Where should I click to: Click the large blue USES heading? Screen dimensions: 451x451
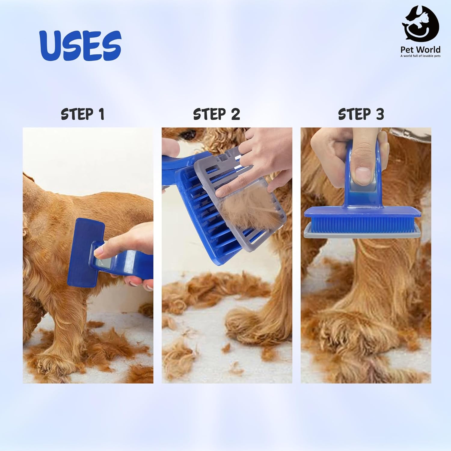pyautogui.click(x=81, y=45)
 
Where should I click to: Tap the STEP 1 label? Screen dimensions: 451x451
pyautogui.click(x=82, y=114)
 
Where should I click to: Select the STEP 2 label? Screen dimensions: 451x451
pyautogui.click(x=216, y=114)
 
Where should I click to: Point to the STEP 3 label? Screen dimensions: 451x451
pyautogui.click(x=361, y=114)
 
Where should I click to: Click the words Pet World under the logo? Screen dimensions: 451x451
pyautogui.click(x=420, y=50)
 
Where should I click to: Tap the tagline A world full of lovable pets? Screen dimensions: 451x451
pyautogui.click(x=420, y=56)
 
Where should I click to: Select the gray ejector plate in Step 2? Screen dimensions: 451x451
pyautogui.click(x=238, y=198)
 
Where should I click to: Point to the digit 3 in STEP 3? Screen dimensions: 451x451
pyautogui.click(x=379, y=114)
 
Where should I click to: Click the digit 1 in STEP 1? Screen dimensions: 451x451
pyautogui.click(x=101, y=115)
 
